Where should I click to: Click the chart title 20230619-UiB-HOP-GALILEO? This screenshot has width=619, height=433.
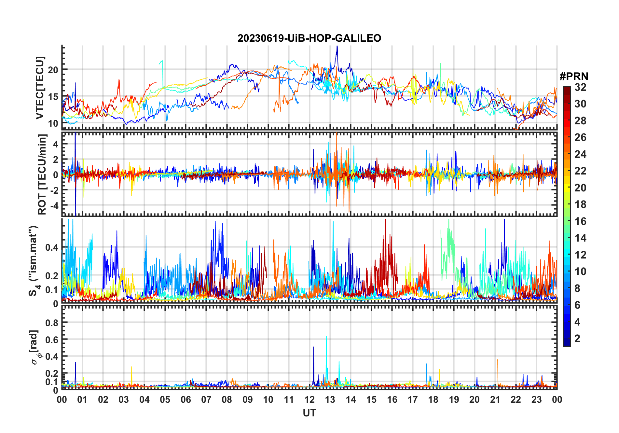click(x=309, y=38)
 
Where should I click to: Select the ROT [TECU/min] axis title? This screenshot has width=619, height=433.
click(x=42, y=174)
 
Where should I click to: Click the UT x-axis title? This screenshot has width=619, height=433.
click(x=309, y=413)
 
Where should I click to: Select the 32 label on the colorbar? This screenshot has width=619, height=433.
click(x=580, y=87)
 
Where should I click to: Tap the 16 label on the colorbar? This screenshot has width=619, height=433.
click(x=580, y=221)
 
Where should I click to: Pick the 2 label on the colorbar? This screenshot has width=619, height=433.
click(x=577, y=339)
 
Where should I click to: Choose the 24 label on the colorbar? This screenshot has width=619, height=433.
click(x=580, y=154)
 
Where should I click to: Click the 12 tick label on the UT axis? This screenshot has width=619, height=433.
click(x=309, y=400)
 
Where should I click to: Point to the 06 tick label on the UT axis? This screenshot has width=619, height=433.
click(x=186, y=400)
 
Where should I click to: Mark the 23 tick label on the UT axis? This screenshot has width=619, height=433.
click(x=536, y=400)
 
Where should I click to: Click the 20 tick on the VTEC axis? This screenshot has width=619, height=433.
click(x=53, y=70)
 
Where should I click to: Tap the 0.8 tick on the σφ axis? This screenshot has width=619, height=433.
click(x=52, y=323)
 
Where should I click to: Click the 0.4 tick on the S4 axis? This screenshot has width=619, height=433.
click(x=52, y=247)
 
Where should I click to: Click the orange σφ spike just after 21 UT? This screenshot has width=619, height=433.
click(x=498, y=360)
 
